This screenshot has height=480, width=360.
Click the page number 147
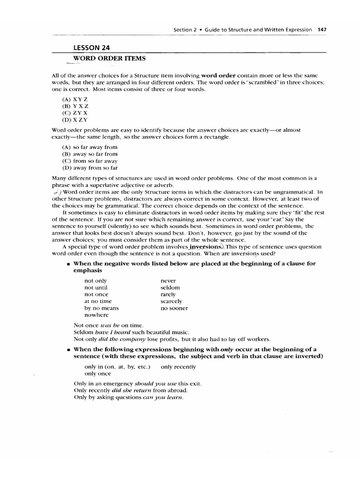click(322, 29)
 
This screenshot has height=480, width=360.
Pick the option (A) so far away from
click(90, 147)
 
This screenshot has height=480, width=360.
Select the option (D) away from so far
click(90, 167)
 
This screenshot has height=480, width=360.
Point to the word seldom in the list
click(170, 287)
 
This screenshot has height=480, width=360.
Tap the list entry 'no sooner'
click(174, 308)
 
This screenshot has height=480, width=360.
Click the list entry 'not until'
click(96, 287)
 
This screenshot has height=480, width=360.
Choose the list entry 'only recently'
click(178, 367)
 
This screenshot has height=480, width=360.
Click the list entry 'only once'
click(97, 374)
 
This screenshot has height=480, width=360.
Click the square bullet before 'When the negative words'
click(69, 264)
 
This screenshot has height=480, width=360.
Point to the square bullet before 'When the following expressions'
click(69, 349)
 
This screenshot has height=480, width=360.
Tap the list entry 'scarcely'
click(171, 301)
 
